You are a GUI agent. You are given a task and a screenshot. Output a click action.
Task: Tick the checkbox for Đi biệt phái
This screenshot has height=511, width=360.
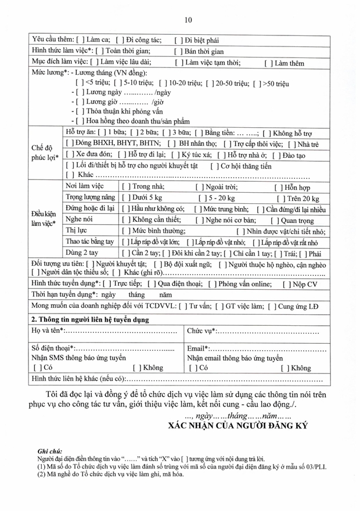click(x=179, y=40)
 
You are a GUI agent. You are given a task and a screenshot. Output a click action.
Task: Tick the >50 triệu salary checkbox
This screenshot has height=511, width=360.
click(x=257, y=83)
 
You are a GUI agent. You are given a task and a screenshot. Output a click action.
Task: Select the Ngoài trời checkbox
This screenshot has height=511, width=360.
click(x=199, y=186)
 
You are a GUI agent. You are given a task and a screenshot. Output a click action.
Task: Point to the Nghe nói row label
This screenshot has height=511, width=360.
click(x=77, y=219)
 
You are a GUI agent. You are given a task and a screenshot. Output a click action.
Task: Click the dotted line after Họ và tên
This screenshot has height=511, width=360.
click(x=122, y=331)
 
